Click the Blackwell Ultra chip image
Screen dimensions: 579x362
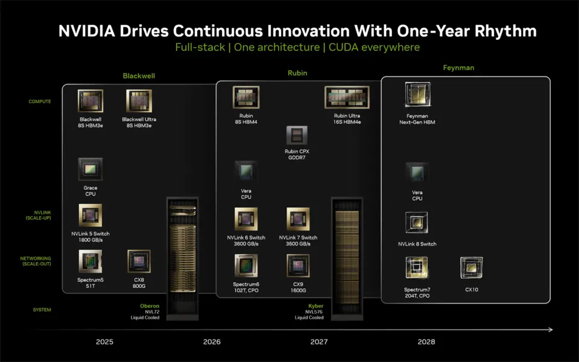click(x=139, y=101)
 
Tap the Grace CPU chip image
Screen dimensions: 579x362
click(x=90, y=169)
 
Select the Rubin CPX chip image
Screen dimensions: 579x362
click(x=297, y=136)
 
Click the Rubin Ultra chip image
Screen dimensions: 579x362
click(x=347, y=97)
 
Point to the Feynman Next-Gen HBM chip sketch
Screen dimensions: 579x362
click(x=417, y=95)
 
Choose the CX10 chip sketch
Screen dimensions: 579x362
click(x=472, y=268)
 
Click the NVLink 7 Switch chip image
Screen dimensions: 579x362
click(x=298, y=219)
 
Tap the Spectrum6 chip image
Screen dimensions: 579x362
click(x=246, y=265)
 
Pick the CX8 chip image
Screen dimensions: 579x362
click(x=139, y=261)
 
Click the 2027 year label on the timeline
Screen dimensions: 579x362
click(x=319, y=341)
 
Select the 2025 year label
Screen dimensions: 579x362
click(x=104, y=341)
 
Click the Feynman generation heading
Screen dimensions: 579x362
click(x=458, y=68)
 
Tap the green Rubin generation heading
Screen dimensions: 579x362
click(x=297, y=73)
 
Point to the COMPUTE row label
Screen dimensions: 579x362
click(x=40, y=101)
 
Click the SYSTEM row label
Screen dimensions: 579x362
click(x=42, y=310)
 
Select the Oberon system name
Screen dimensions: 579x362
click(x=150, y=306)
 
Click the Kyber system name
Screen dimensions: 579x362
click(x=315, y=306)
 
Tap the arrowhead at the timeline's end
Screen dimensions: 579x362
click(x=551, y=329)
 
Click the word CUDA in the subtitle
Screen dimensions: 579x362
click(x=343, y=47)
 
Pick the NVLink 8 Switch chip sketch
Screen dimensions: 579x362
click(x=417, y=223)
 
